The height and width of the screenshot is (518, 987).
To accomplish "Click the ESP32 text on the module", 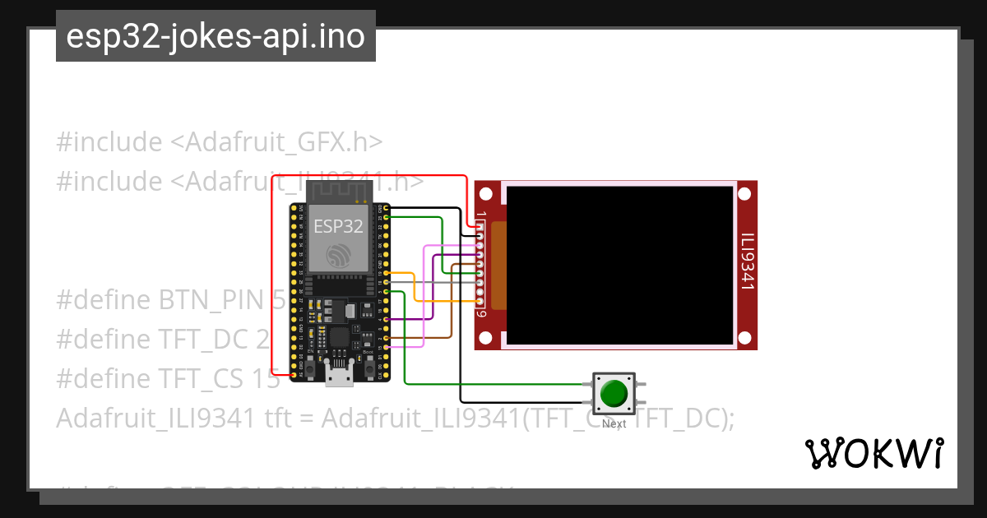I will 338,227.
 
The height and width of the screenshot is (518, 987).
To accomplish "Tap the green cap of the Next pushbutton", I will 614,393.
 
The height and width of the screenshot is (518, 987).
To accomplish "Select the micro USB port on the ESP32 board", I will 339,377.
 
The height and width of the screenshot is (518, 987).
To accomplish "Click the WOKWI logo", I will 873,453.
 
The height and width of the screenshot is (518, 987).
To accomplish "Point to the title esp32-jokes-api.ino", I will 215,36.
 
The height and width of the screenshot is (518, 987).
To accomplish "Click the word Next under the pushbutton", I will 614,423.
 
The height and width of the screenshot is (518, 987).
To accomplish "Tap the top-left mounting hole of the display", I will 486,194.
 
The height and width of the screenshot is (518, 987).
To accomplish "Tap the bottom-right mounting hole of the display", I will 744,337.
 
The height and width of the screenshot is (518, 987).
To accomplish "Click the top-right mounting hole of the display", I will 744,194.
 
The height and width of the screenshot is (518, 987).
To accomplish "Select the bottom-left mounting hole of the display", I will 486,337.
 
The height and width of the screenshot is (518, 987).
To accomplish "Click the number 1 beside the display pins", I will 481,215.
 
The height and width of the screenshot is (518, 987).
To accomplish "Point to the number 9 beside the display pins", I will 481,313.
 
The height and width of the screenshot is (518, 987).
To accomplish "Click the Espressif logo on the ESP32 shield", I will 338,256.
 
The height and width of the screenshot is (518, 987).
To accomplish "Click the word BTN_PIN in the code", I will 215,300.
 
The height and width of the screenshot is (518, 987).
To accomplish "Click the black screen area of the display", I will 619,265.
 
